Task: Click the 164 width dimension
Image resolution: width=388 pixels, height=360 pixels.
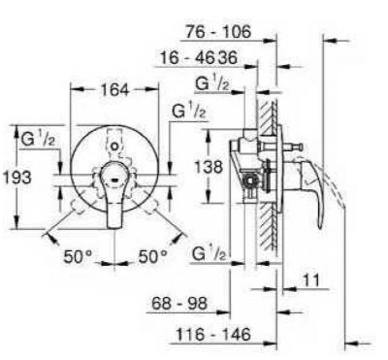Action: pyautogui.click(x=114, y=89)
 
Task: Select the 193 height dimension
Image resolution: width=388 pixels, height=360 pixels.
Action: pyautogui.click(x=17, y=178)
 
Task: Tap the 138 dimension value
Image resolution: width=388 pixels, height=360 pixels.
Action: pyautogui.click(x=209, y=167)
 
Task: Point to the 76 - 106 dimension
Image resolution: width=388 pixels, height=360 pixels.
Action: pyautogui.click(x=218, y=32)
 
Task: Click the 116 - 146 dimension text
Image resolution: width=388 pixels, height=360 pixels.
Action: pyautogui.click(x=213, y=334)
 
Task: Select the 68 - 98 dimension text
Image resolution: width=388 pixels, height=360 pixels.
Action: pyautogui.click(x=179, y=304)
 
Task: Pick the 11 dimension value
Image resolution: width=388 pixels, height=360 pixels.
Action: pyautogui.click(x=310, y=280)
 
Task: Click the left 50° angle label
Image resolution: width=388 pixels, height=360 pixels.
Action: pyautogui.click(x=78, y=257)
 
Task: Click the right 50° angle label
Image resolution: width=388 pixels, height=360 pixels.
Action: pyautogui.click(x=153, y=257)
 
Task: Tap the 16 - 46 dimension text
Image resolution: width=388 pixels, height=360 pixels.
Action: pyautogui.click(x=187, y=58)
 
